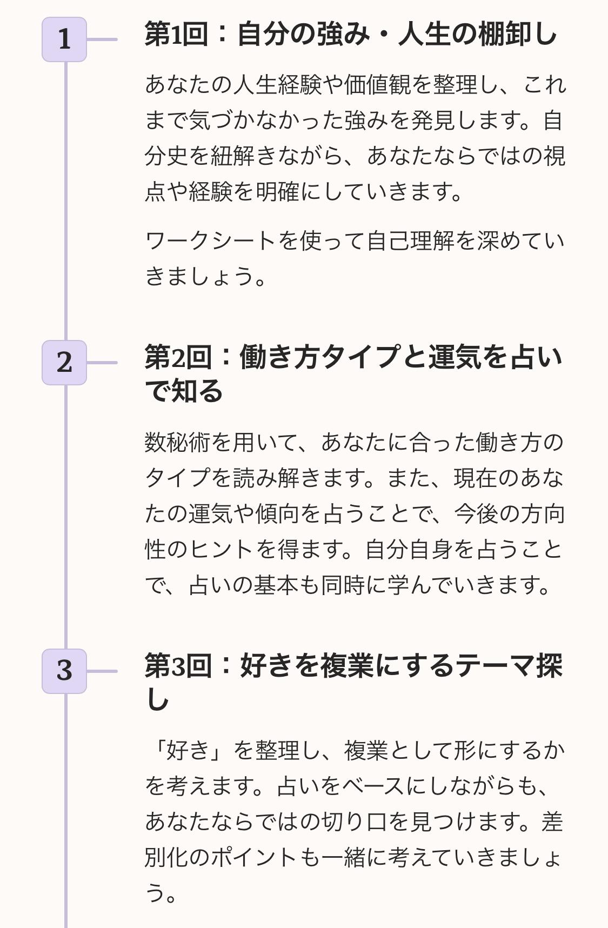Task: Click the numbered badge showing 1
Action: pos(64,39)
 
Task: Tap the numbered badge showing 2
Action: pos(64,363)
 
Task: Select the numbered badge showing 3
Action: pos(64,671)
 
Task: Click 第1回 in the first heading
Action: pos(177,34)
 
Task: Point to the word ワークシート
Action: pos(210,241)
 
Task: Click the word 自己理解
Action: pos(410,241)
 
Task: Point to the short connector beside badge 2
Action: pos(102,363)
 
